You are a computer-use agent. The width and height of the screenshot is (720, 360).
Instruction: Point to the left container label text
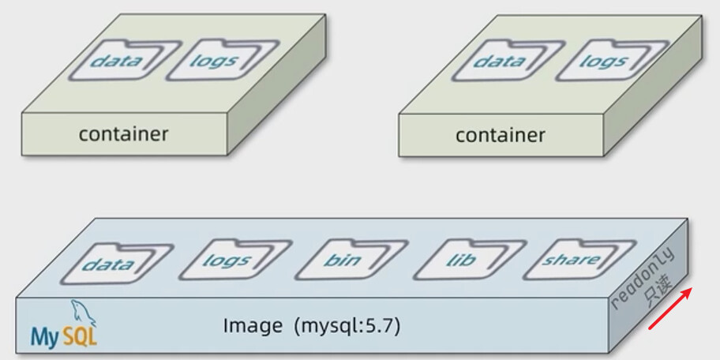[x=123, y=133]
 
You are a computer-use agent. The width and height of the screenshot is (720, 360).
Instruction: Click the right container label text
[x=500, y=135]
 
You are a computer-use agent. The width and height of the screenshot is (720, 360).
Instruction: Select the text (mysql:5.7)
[x=347, y=325]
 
